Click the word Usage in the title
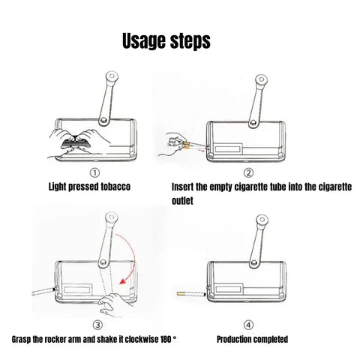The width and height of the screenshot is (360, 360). [144, 41]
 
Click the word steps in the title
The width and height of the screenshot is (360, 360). [190, 40]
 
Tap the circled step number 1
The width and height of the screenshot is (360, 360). [94, 173]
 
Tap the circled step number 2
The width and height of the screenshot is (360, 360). [248, 173]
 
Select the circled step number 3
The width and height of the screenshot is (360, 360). [97, 325]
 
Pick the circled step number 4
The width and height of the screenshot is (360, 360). [248, 325]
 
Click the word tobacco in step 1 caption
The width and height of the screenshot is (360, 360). [115, 187]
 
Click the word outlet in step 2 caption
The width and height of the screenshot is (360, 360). [182, 201]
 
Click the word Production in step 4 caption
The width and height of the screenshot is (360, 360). [233, 339]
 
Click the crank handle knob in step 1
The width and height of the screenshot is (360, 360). [112, 76]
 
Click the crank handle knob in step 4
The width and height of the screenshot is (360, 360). [262, 220]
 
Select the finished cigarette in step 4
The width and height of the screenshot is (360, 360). [191, 294]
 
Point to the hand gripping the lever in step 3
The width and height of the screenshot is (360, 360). [114, 304]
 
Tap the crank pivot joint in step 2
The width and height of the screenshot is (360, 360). [253, 123]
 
